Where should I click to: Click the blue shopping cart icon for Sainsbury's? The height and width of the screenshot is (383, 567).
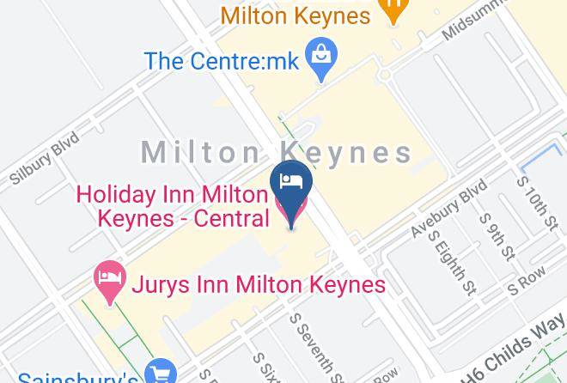(x=161, y=373)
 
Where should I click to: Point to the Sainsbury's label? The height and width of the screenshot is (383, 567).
(x=78, y=376)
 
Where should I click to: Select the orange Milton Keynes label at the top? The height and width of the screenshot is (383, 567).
(x=296, y=15)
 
